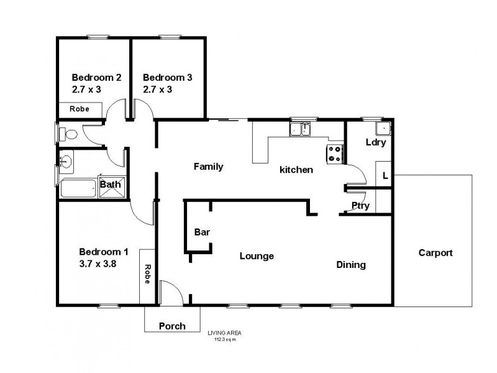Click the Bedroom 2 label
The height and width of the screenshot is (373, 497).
96,78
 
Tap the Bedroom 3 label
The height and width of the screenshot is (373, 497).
167,78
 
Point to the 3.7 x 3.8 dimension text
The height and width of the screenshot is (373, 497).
98,264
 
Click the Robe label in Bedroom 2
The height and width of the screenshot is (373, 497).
79,109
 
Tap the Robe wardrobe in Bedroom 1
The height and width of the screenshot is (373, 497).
147,274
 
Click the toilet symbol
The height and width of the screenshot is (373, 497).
70,134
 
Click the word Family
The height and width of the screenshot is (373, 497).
208,167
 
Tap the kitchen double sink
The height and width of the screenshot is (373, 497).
301,130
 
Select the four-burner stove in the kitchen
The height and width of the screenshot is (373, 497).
335,154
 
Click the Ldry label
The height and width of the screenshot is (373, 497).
376,142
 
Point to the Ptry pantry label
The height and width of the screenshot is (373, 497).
360,206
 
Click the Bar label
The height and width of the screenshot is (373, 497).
203,233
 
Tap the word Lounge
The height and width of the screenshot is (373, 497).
257,256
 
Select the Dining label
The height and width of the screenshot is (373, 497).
351,265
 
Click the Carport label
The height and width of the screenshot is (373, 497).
435,253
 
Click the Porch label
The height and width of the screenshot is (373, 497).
172,326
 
